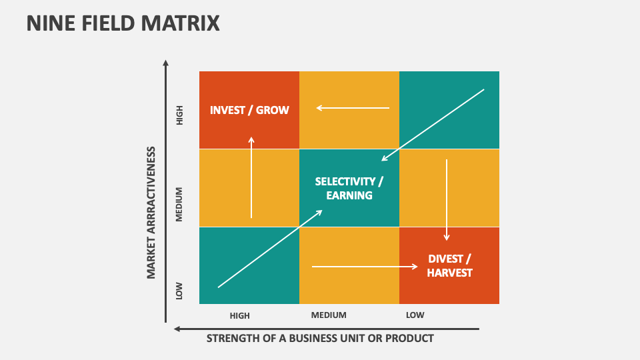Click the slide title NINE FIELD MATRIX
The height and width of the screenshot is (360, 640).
(x=123, y=23)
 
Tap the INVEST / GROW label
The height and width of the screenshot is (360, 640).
(x=249, y=110)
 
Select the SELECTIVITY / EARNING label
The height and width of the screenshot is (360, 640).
(x=349, y=188)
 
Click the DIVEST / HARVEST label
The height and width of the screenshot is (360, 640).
(x=449, y=265)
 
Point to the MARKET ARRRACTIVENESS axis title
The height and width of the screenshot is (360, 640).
(x=151, y=212)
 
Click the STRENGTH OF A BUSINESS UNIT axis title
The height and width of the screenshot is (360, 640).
(x=320, y=338)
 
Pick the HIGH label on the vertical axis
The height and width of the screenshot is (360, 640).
(x=179, y=117)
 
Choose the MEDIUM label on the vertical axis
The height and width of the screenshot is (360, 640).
(x=179, y=203)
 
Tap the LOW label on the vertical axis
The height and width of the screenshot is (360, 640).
(x=179, y=291)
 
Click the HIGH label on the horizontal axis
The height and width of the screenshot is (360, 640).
(x=239, y=315)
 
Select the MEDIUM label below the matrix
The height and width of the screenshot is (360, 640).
(x=329, y=315)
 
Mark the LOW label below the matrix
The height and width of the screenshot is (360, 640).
(x=415, y=315)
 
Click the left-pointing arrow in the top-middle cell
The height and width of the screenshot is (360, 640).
(x=353, y=107)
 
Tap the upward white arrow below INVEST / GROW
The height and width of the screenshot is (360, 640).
(x=251, y=177)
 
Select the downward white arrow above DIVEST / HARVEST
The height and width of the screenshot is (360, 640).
(x=447, y=199)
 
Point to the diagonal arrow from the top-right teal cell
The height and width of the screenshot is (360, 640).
(x=433, y=125)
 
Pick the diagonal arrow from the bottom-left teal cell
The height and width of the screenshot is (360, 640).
(x=270, y=249)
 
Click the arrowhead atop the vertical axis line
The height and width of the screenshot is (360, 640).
(x=166, y=63)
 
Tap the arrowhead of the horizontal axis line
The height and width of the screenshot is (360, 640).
(x=177, y=329)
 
